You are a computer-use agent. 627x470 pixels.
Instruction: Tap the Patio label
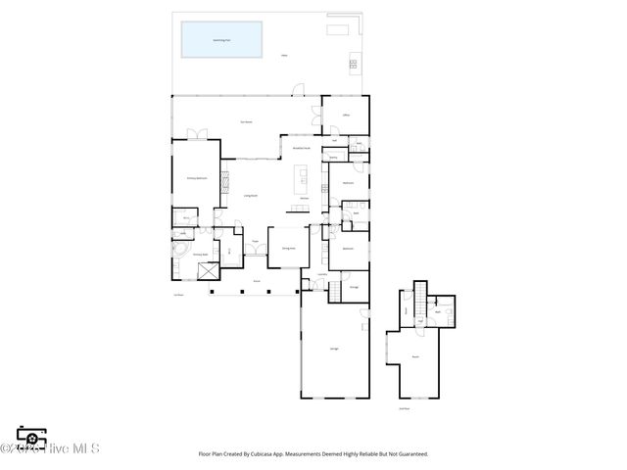[x=284, y=56]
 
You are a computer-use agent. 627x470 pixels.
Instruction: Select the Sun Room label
[x=247, y=121]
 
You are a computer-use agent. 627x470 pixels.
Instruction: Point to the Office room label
[x=346, y=116]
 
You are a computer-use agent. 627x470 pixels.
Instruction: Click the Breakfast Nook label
[x=302, y=148]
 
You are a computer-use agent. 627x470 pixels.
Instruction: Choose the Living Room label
[x=251, y=196]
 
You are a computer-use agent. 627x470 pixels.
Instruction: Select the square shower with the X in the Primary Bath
[x=207, y=274]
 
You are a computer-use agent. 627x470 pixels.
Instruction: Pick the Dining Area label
[x=288, y=249]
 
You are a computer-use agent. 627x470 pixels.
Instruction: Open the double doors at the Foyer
[x=256, y=251]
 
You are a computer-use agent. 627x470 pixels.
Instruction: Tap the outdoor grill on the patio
[x=350, y=67]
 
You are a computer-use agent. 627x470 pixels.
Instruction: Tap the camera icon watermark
[x=31, y=437]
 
